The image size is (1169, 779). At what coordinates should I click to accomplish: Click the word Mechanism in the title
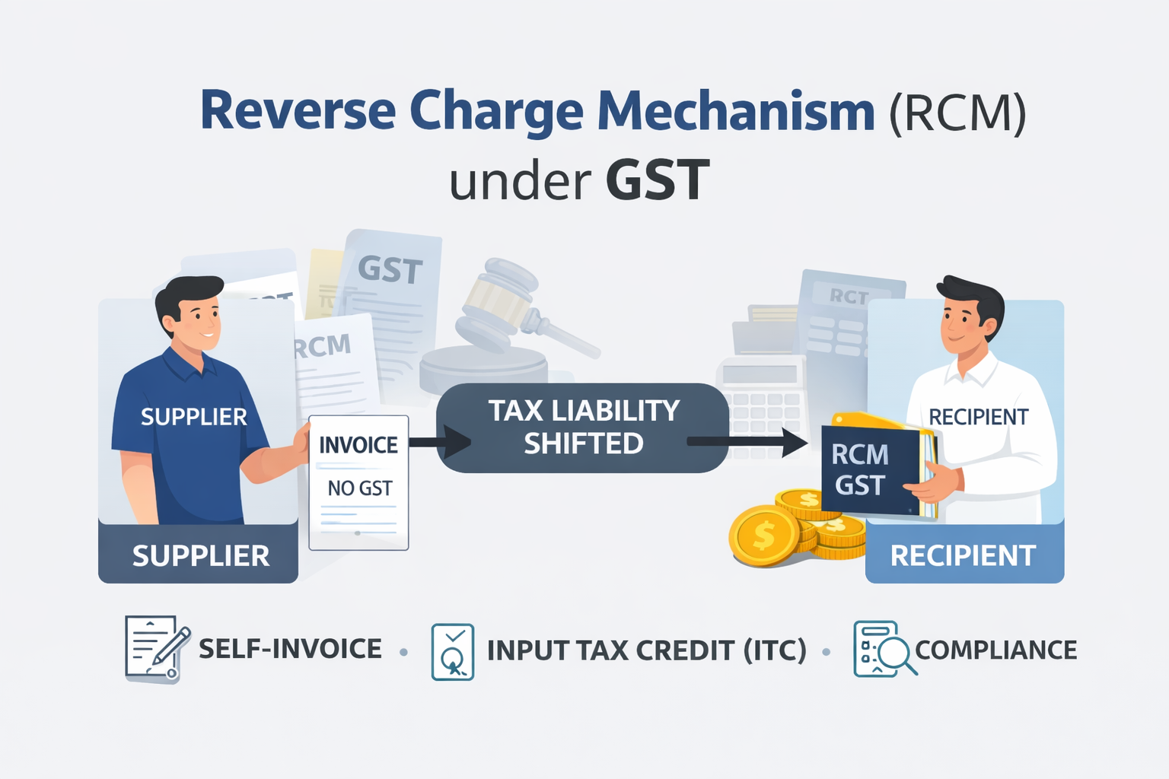[736, 111]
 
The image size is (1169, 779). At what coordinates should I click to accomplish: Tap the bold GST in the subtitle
[658, 181]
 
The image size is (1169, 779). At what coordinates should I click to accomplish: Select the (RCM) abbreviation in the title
[957, 113]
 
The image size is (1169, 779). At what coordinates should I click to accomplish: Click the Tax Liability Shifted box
[583, 428]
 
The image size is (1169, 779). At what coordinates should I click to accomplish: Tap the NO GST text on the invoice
[359, 488]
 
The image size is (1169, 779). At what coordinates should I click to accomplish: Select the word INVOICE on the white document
[358, 445]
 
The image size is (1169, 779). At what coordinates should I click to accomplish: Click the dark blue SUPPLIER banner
[199, 555]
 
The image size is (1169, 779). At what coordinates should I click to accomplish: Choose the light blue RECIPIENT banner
[964, 555]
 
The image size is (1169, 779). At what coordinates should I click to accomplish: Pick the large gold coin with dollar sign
[764, 536]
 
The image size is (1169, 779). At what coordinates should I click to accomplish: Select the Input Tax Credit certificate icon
[452, 651]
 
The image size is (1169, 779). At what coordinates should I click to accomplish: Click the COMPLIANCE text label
[995, 650]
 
